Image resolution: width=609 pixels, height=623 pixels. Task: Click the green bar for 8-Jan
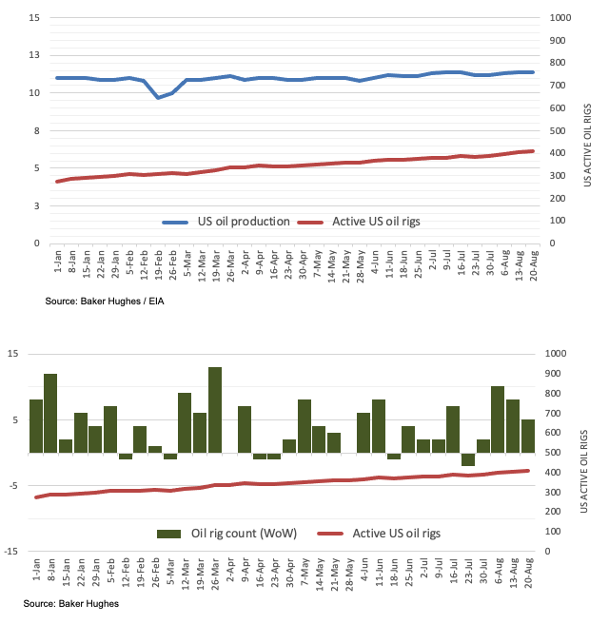tap(50, 413)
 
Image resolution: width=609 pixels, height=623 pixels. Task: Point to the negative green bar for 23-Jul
tap(467, 458)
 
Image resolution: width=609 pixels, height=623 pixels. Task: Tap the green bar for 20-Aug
tap(528, 436)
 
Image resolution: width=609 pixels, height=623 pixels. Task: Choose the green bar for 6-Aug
tap(498, 419)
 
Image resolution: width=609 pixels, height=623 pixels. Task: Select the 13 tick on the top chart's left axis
tap(34, 56)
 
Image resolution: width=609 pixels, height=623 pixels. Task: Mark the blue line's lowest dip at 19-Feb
tap(158, 97)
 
